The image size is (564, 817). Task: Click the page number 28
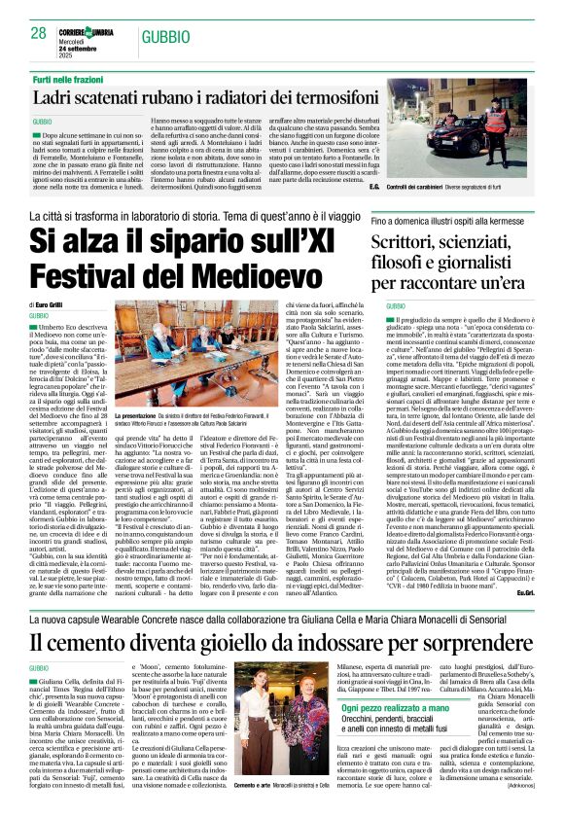[x=39, y=33]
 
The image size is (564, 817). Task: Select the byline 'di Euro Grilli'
[x=52, y=304]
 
